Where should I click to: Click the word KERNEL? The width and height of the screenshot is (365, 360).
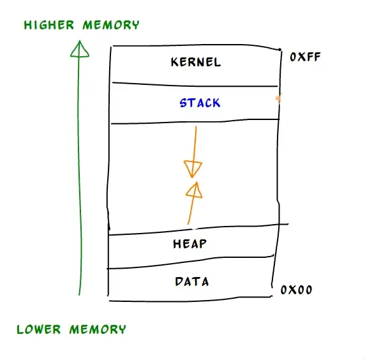[196, 62]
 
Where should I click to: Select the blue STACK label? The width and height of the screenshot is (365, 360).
[200, 103]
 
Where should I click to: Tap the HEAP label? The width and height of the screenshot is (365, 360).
[190, 244]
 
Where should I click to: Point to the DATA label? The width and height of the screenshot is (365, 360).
[191, 281]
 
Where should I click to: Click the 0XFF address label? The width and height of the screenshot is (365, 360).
[304, 57]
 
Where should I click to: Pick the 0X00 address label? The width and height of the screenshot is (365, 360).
[297, 290]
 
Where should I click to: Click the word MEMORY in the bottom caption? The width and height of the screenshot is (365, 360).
[98, 329]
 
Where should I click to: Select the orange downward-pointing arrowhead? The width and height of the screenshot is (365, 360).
[193, 169]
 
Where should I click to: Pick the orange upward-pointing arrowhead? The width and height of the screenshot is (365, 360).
[195, 190]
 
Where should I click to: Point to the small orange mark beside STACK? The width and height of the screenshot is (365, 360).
[278, 98]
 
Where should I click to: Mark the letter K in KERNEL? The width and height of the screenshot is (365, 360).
[175, 62]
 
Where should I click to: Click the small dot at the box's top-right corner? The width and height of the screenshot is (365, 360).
[280, 49]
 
